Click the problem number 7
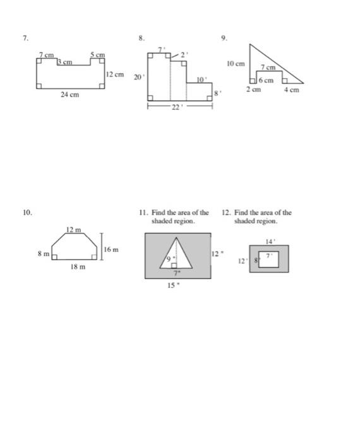25,39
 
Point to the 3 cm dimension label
66,62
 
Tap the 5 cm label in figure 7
97,56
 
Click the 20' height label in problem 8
137,76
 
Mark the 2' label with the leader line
184,55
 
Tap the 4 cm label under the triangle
291,90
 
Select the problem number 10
27,213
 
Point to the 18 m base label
78,268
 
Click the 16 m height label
111,251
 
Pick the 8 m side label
43,254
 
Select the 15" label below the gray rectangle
172,285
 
